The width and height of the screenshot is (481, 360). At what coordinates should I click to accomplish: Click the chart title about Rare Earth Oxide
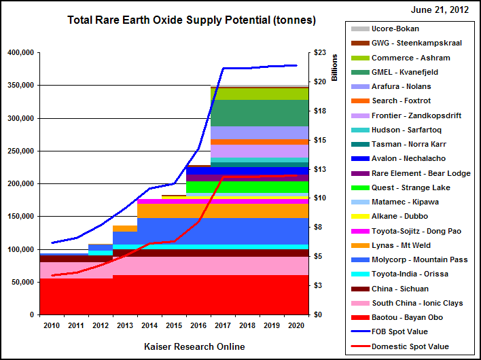(191, 20)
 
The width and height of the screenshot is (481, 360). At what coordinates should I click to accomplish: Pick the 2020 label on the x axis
(296, 326)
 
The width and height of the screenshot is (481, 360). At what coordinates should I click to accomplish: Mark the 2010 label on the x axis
(52, 326)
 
